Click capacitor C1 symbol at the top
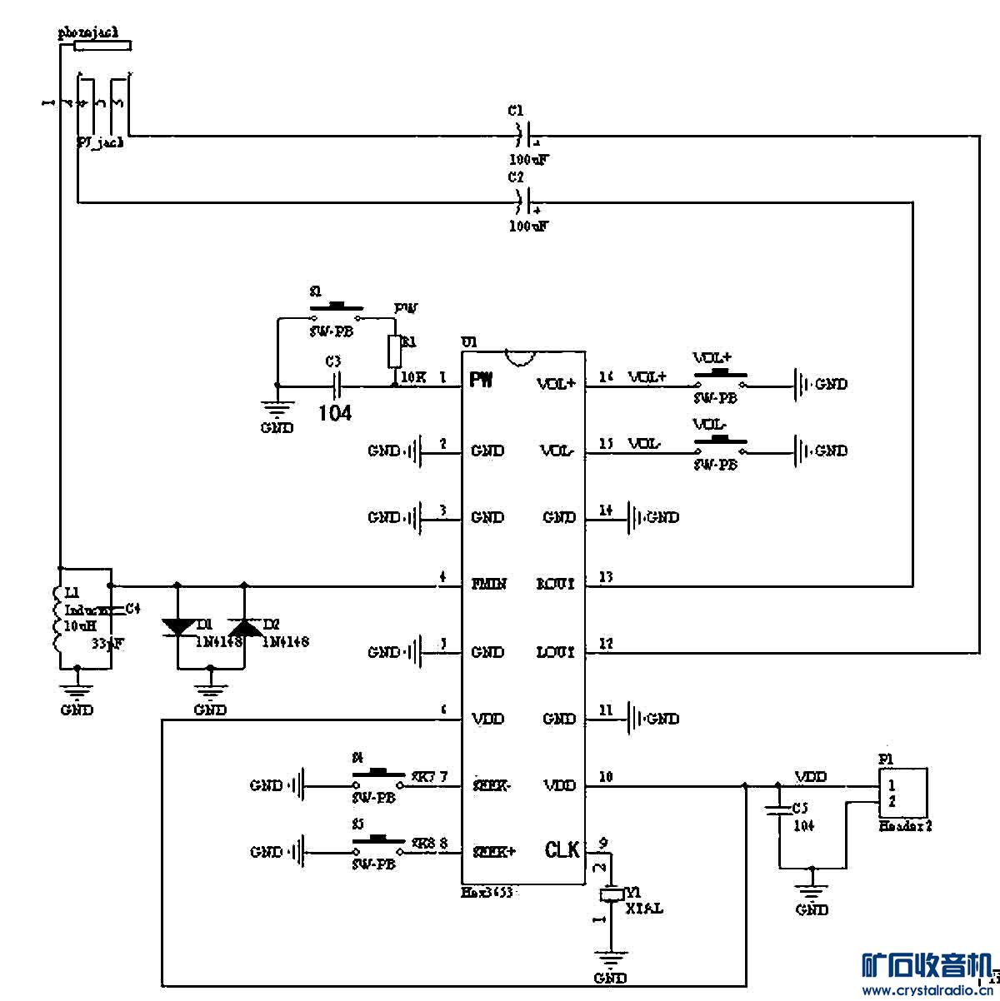523,133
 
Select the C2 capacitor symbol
523,201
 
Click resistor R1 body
394,351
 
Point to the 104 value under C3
335,412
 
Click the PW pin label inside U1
481,381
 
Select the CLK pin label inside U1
562,850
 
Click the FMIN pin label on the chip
489,584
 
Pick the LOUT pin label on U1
556,652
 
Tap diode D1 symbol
177,627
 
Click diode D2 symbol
244,627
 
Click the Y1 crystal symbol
612,894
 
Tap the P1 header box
903,794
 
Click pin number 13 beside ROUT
606,577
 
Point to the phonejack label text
88,32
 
